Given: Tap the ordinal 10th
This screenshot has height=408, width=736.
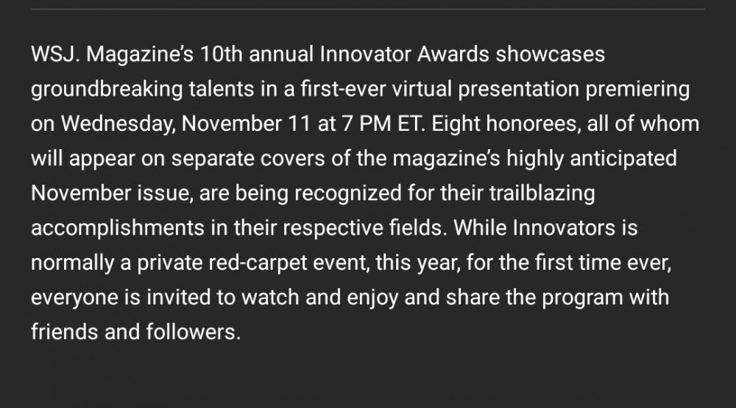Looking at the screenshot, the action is tap(221, 54).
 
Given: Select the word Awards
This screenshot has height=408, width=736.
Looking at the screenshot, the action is tap(453, 54).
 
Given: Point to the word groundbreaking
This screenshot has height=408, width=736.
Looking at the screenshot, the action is tap(107, 89).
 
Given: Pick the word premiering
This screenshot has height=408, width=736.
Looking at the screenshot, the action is tap(637, 89).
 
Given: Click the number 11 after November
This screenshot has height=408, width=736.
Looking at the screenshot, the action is tap(300, 124).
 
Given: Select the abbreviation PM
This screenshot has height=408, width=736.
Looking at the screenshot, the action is tap(375, 124).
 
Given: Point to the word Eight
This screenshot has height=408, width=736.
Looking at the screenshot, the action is tap(456, 124).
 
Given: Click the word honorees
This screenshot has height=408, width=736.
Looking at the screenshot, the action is tap(531, 124).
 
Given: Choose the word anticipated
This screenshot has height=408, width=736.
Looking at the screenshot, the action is tap(623, 159).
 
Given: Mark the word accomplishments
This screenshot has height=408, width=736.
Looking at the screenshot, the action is tap(118, 228).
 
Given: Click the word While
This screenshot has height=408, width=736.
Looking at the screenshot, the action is tap(480, 227).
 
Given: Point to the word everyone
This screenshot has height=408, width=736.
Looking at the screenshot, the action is tap(74, 297).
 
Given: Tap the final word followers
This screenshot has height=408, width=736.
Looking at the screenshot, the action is tap(194, 332).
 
